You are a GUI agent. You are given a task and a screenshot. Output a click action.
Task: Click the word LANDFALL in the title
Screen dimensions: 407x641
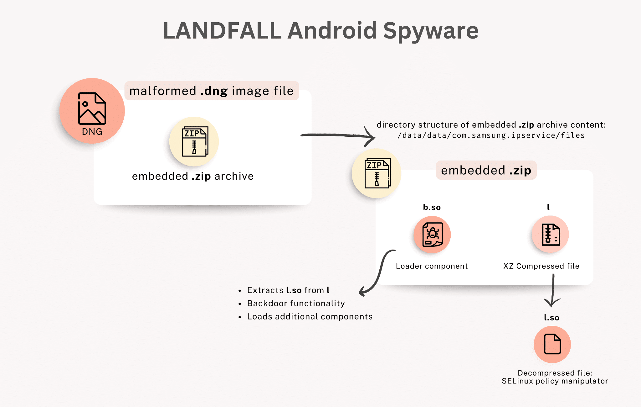point(222,31)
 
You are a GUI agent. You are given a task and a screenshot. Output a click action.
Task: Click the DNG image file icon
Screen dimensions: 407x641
point(92,111)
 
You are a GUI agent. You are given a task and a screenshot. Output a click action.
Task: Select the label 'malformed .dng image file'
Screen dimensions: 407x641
point(212,91)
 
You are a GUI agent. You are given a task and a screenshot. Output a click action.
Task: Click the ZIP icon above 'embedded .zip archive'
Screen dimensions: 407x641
point(194,141)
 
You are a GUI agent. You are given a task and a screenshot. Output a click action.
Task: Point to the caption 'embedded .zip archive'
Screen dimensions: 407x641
point(193,176)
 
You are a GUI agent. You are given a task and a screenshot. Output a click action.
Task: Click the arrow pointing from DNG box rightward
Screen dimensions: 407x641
point(338,135)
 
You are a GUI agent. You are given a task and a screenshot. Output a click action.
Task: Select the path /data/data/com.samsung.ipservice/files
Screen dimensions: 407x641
point(491,135)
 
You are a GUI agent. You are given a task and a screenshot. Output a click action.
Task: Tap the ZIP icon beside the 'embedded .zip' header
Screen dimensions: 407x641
point(377,173)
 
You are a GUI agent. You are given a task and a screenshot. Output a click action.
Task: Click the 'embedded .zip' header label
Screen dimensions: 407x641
point(486,170)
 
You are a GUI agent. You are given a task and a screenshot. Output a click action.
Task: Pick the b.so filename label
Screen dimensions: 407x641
point(432,207)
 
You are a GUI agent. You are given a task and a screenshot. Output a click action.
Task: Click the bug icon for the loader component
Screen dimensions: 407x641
point(432,235)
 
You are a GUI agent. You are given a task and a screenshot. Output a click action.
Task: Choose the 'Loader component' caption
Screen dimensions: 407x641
point(432,266)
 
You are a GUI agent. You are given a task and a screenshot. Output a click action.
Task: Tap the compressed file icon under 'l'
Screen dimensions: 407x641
point(550,234)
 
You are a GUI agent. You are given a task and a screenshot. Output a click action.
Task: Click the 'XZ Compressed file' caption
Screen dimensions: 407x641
point(541,266)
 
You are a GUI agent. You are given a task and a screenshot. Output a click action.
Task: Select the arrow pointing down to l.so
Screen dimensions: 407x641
point(553,290)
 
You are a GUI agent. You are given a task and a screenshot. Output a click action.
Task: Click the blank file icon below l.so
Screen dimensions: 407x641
point(552,344)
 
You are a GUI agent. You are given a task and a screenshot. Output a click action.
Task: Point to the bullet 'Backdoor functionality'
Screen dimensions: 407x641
point(296,304)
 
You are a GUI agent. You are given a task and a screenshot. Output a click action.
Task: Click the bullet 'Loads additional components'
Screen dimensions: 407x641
point(310,317)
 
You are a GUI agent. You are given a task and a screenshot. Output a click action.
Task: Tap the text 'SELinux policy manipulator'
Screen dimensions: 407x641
point(555,381)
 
